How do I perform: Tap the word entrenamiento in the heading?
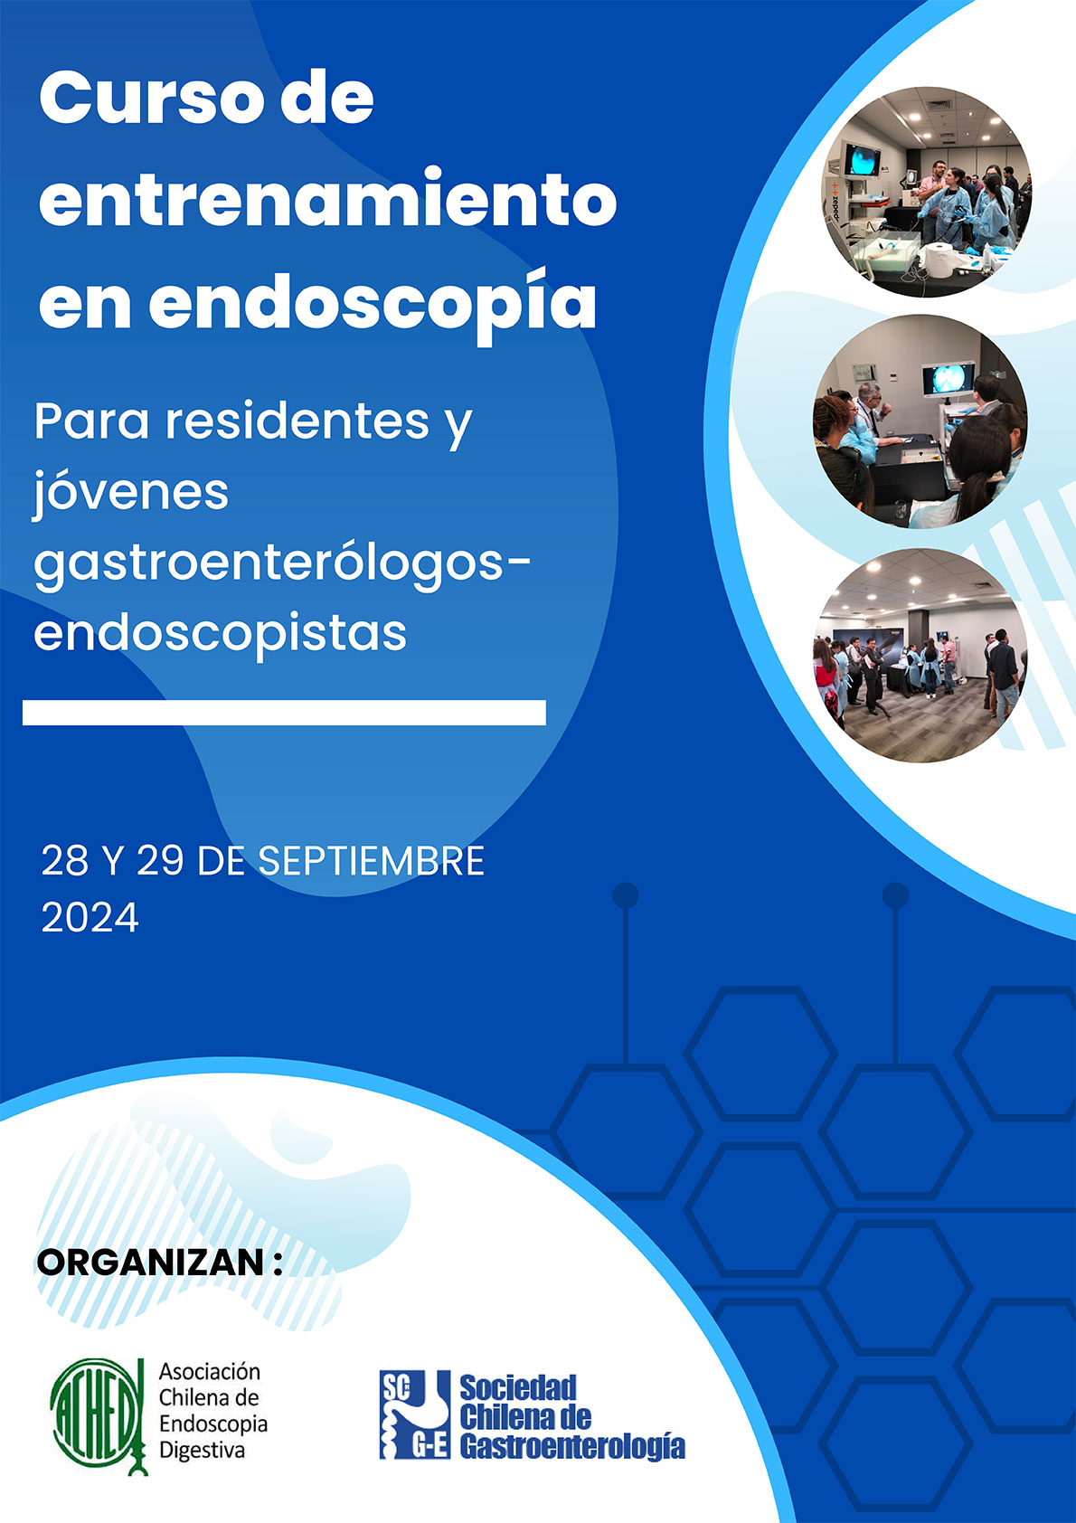[x=327, y=200]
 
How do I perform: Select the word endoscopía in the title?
[x=373, y=304]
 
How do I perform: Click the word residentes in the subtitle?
[x=297, y=421]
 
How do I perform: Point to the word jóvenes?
[x=130, y=492]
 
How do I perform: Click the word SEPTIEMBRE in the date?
[x=371, y=861]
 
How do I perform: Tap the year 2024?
[x=90, y=917]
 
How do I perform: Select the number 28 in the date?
[x=64, y=861]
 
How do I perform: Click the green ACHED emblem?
[x=99, y=1417]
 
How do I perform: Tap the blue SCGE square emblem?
[x=415, y=1415]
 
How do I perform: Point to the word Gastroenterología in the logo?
[x=572, y=1445]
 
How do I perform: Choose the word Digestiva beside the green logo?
[x=202, y=1451]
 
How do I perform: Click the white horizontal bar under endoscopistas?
[x=284, y=713]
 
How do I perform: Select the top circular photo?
[x=927, y=192]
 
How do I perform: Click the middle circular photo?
[x=920, y=421]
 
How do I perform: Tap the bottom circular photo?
[x=920, y=656]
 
